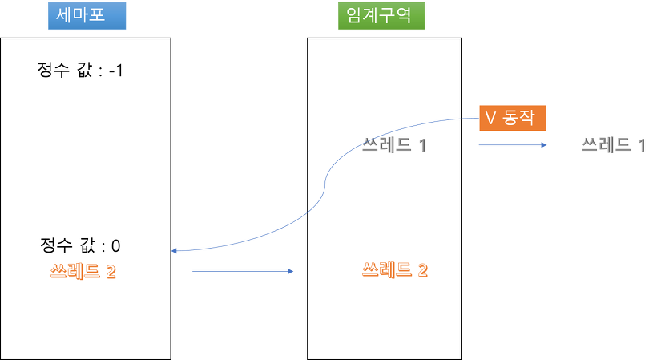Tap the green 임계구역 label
pyautogui.click(x=381, y=15)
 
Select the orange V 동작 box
pyautogui.click(x=512, y=119)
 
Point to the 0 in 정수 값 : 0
pyautogui.click(x=116, y=245)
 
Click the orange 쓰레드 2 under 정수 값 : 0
pyautogui.click(x=83, y=271)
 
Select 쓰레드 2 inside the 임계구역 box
pyautogui.click(x=395, y=269)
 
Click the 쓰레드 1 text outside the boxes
pyautogui.click(x=613, y=146)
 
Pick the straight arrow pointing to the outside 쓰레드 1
pyautogui.click(x=513, y=145)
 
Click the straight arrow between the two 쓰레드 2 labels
pyautogui.click(x=244, y=272)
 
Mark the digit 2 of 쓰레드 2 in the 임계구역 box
pyautogui.click(x=421, y=269)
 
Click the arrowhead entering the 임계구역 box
pyautogui.click(x=292, y=272)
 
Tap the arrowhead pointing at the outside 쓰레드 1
pyautogui.click(x=545, y=145)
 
